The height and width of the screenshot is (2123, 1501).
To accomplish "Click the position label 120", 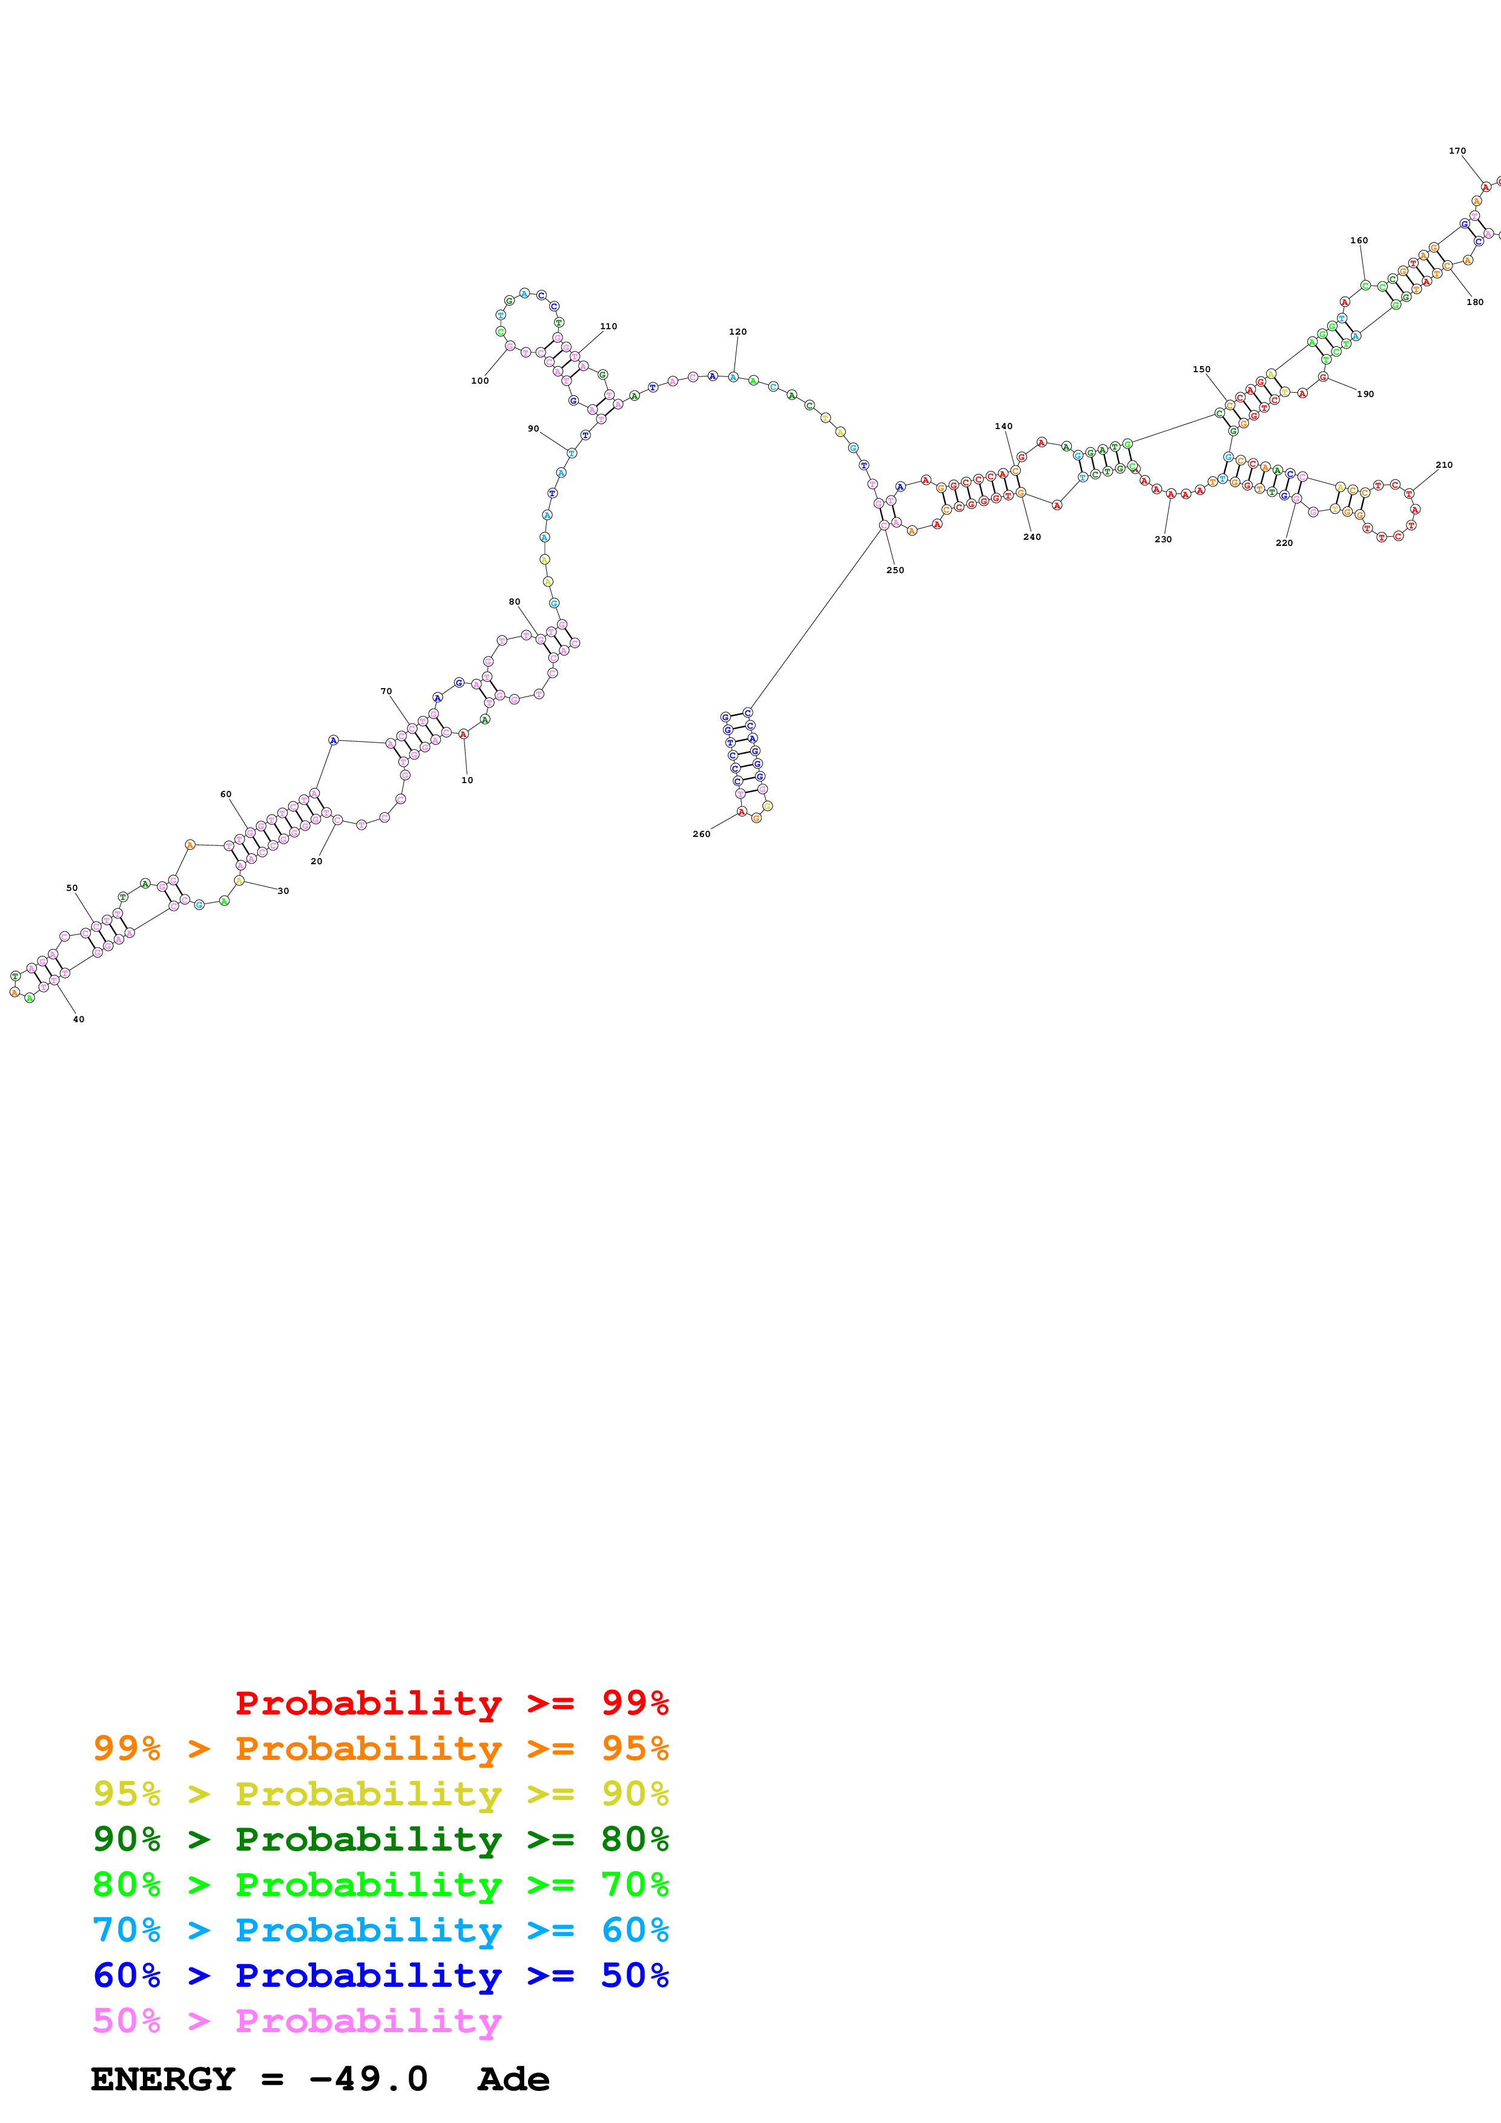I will coord(737,331).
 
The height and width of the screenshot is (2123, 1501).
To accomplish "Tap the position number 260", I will coord(701,834).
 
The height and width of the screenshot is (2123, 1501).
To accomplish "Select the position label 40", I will coord(79,1019).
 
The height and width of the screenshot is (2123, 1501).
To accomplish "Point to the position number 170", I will coord(1457,151).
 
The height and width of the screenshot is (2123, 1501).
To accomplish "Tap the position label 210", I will coord(1443,465).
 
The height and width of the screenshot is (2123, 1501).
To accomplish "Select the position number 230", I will coord(1163,539).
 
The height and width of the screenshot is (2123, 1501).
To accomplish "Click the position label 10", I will coord(467,779).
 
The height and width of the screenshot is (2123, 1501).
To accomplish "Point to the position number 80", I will coord(514,601).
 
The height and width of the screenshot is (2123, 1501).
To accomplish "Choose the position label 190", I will coord(1365,394).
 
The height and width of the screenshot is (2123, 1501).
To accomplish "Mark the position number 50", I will coord(72,888).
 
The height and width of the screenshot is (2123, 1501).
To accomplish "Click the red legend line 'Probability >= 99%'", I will coord(451,1702).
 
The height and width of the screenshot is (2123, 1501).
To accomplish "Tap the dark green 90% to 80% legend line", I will coord(380,1839).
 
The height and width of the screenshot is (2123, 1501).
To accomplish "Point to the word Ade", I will coord(513,2079).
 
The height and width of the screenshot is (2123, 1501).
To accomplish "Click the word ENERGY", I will coord(163,2079).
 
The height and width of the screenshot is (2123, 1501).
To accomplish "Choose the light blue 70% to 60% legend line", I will coord(380,1930).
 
